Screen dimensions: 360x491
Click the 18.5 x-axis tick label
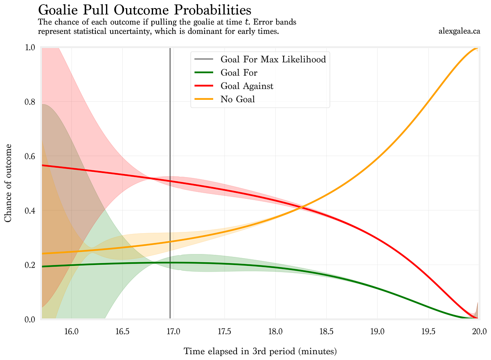(x=326, y=330)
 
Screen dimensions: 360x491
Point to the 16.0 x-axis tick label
(x=72, y=330)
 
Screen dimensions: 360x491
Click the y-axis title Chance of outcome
(x=8, y=183)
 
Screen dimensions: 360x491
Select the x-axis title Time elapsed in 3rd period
(x=260, y=351)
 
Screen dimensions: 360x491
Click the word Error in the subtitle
(x=254, y=22)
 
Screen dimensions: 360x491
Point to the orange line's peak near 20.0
(x=475, y=49)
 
